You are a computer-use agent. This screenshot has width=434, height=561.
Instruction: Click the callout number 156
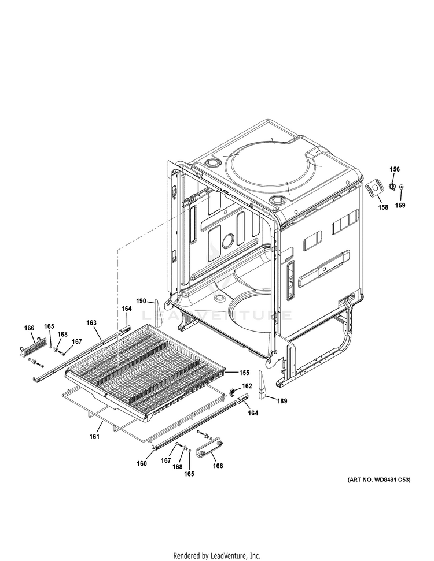pyautogui.click(x=394, y=169)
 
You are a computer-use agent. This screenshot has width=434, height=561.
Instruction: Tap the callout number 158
pyautogui.click(x=383, y=207)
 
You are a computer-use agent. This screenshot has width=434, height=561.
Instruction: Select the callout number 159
pyautogui.click(x=400, y=205)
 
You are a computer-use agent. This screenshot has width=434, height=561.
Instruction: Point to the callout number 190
pyautogui.click(x=141, y=301)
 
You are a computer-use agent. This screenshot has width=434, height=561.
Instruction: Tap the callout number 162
pyautogui.click(x=247, y=386)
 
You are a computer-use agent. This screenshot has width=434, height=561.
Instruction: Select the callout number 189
pyautogui.click(x=281, y=400)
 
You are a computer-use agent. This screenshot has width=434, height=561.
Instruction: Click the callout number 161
pyautogui.click(x=95, y=436)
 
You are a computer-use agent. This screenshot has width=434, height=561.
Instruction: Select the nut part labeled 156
pyautogui.click(x=392, y=186)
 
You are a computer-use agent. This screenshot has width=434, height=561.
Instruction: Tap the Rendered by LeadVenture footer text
pyautogui.click(x=216, y=555)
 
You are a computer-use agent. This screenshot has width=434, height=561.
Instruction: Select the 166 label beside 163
pyautogui.click(x=29, y=328)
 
